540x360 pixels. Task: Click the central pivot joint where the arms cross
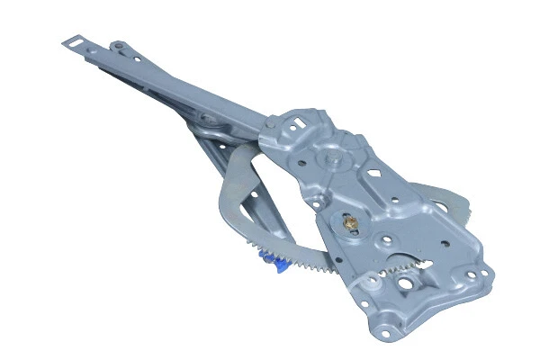[x=209, y=118]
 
